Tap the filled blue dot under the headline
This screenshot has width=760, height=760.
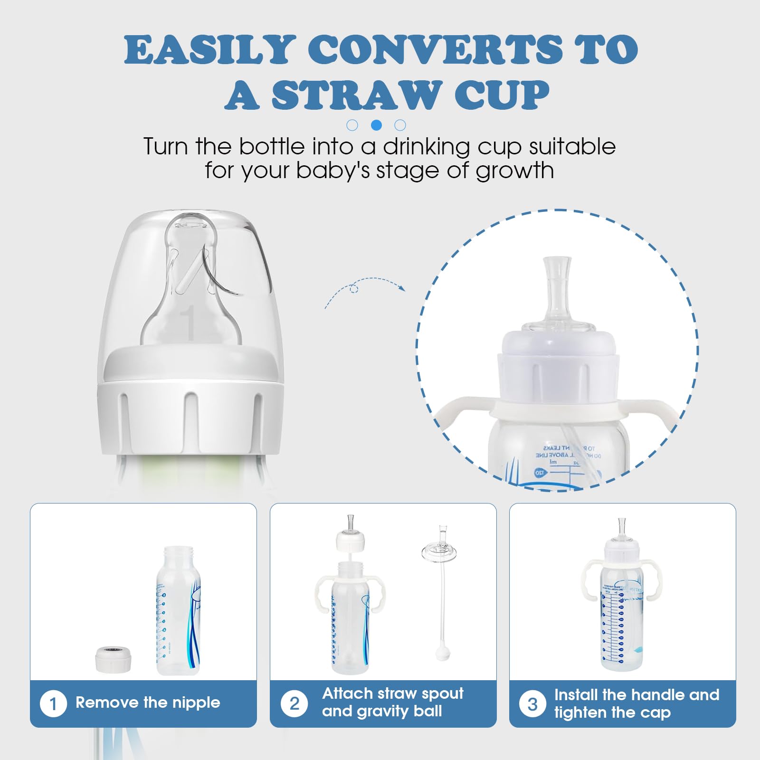coord(376,125)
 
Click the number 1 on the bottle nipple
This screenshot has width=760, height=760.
coord(190,323)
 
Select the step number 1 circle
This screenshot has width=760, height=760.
coord(53,703)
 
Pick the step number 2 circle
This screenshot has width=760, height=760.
coord(294,703)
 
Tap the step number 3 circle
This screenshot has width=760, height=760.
coord(532,704)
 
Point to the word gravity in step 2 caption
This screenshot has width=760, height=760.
coord(378,711)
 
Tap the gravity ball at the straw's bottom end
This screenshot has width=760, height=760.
coord(440,654)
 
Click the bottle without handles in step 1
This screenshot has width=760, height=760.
coord(178,613)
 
